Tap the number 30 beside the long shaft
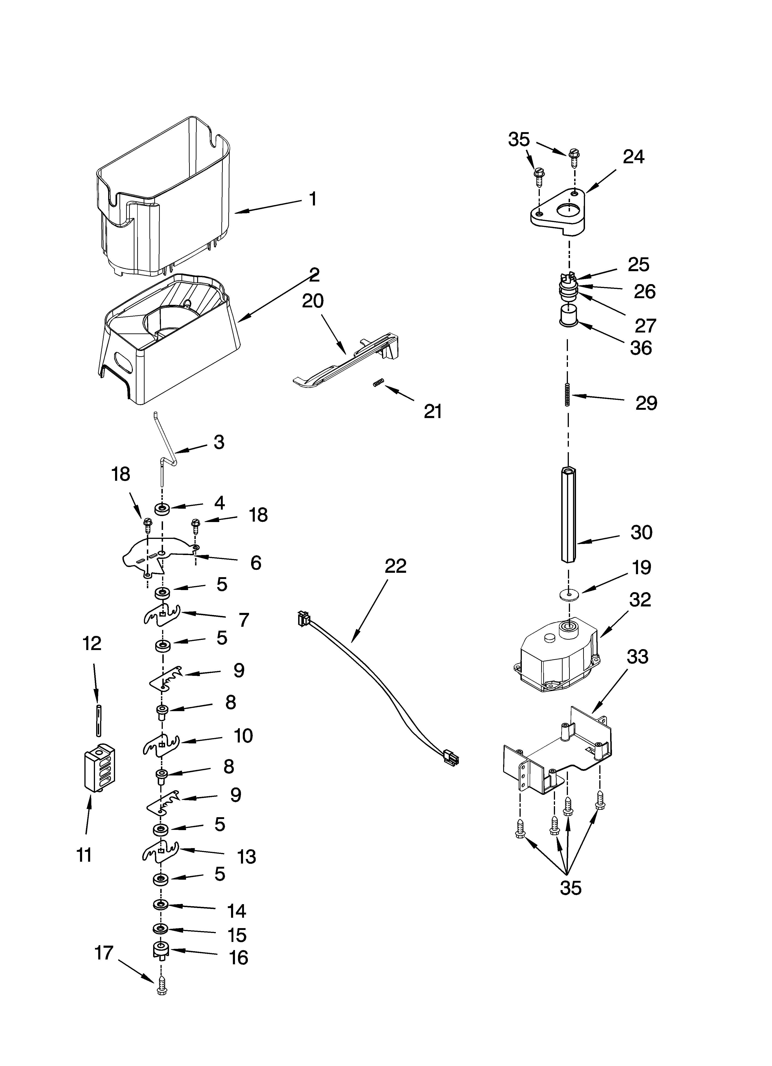coord(641,532)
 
